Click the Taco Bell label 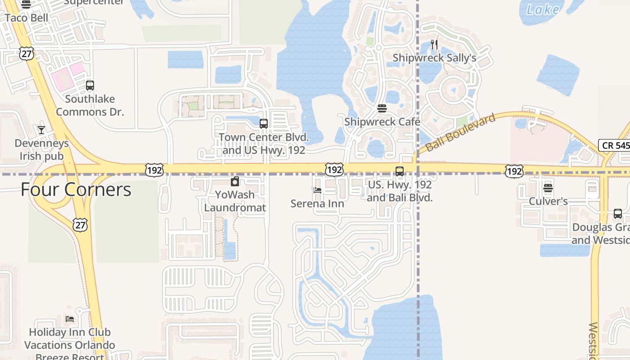pyautogui.click(x=27, y=18)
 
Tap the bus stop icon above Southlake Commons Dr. pyautogui.click(x=90, y=85)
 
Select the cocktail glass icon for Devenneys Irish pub pyautogui.click(x=41, y=130)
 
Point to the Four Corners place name pyautogui.click(x=76, y=189)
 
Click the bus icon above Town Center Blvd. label pyautogui.click(x=264, y=123)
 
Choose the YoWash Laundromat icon pyautogui.click(x=234, y=182)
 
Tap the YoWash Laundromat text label pyautogui.click(x=235, y=201)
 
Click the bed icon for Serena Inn pyautogui.click(x=317, y=190)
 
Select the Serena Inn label pyautogui.click(x=317, y=203)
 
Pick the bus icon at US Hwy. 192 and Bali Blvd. pyautogui.click(x=400, y=171)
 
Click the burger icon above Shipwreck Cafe pyautogui.click(x=382, y=108)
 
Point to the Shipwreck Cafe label pyautogui.click(x=382, y=122)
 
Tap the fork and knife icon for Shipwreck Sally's pyautogui.click(x=434, y=44)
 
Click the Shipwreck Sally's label pyautogui.click(x=434, y=58)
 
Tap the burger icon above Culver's pyautogui.click(x=548, y=188)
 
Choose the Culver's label pyautogui.click(x=548, y=201)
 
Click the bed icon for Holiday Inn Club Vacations pyautogui.click(x=70, y=319)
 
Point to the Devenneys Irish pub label pyautogui.click(x=41, y=150)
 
